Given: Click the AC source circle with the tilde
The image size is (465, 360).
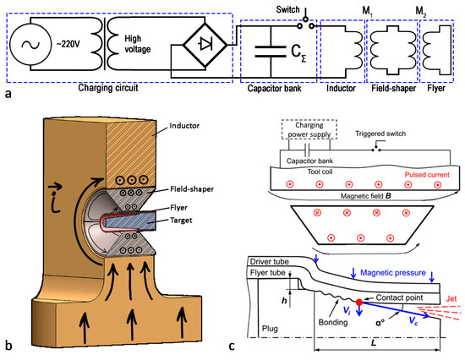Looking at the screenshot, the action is click(30, 45).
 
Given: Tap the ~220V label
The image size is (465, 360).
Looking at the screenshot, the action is click(68, 44).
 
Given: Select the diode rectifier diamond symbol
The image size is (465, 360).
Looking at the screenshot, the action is click(205, 45).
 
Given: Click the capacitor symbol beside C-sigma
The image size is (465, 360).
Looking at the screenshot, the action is click(271, 51).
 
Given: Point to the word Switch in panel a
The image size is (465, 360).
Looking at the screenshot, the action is click(287, 9).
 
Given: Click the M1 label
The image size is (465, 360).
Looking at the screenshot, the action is click(367, 11).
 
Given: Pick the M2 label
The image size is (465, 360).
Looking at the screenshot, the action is click(421, 12).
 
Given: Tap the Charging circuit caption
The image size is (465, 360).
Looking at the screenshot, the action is click(108, 88).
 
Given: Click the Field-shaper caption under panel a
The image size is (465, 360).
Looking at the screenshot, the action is click(393, 88).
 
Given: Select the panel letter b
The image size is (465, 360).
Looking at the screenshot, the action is click(8, 346).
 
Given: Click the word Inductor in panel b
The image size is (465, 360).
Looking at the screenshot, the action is click(184, 126).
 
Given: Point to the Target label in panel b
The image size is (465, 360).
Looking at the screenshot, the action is click(181, 221).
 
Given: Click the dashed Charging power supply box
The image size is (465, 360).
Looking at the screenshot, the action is click(309, 129).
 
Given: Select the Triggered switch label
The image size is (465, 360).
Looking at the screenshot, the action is click(380, 134).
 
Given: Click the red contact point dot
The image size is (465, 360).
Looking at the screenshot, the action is click(359, 303).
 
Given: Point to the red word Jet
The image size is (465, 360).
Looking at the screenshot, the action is click(451, 298).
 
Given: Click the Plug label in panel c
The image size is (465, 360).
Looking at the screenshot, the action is click(270, 329).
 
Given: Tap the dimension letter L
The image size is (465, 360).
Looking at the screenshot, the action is click(374, 343).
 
